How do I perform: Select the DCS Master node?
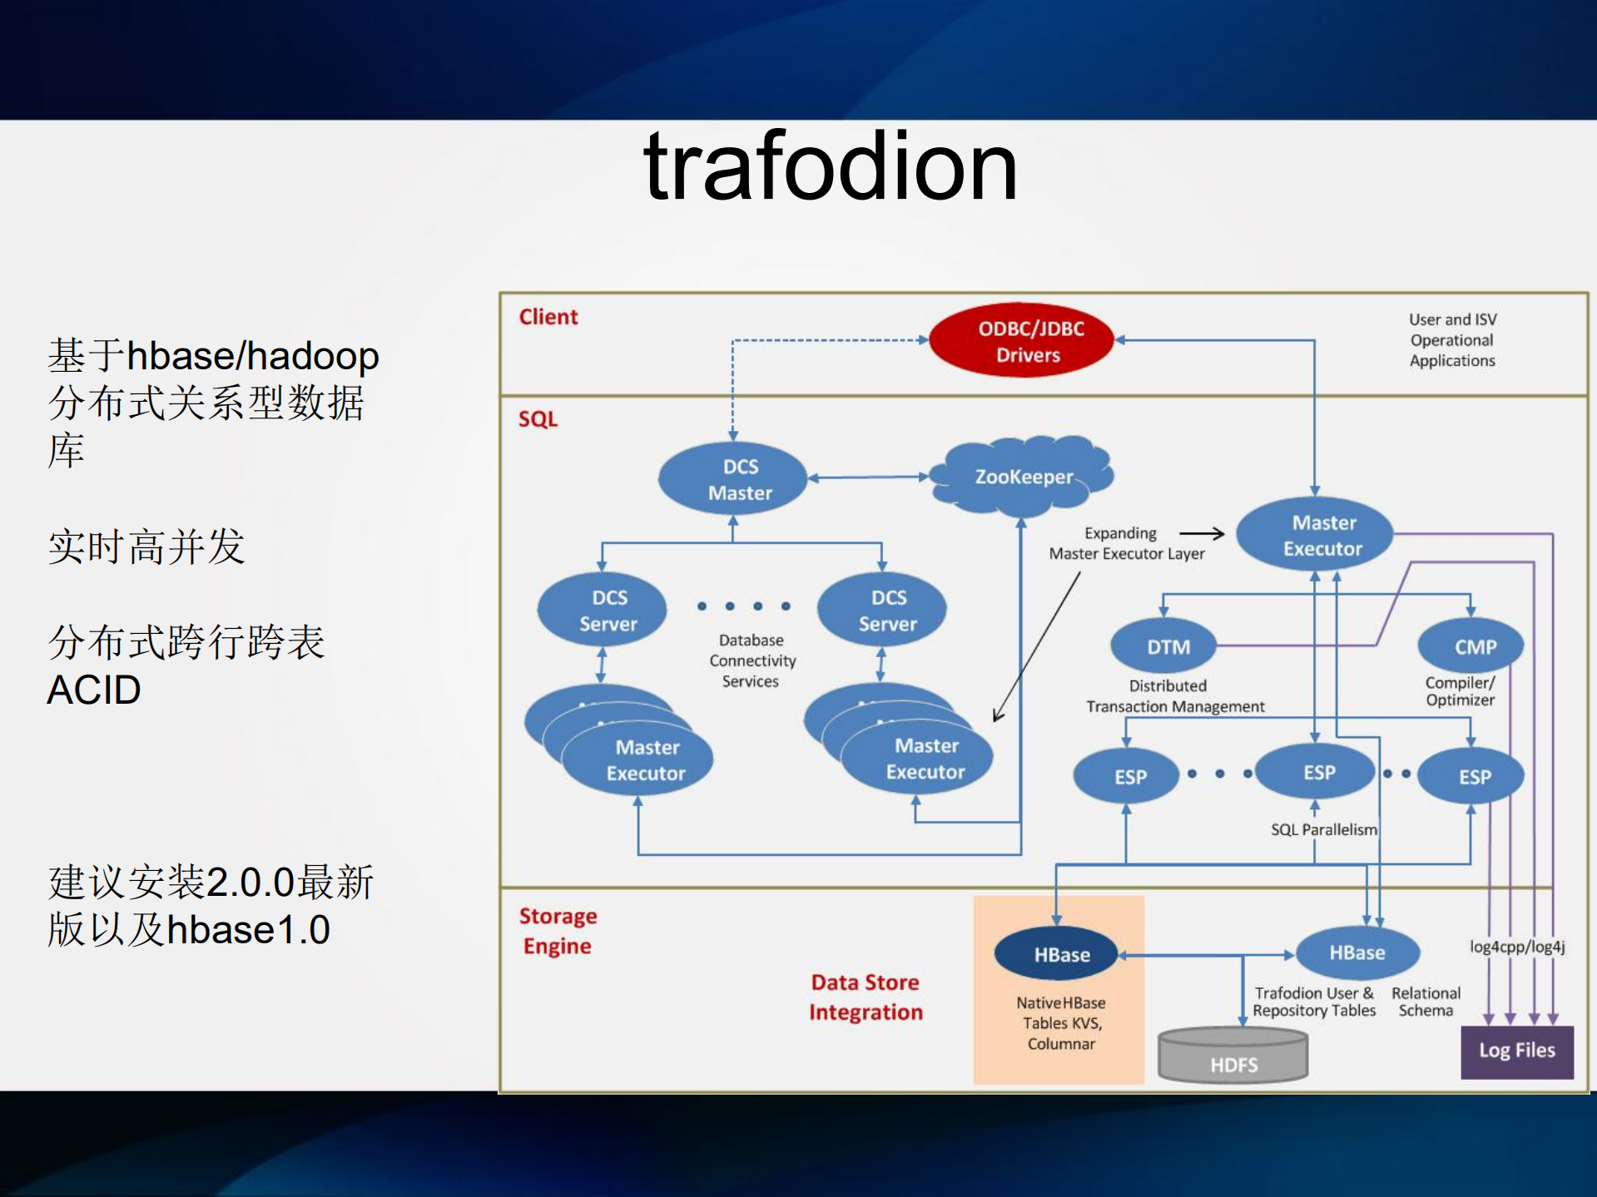[x=733, y=479]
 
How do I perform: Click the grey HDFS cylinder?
[x=1232, y=1056]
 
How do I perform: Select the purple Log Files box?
[x=1516, y=1051]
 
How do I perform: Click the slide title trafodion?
[x=830, y=168]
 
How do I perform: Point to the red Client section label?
[x=548, y=317]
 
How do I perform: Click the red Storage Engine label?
[x=558, y=931]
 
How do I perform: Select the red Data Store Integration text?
[x=865, y=997]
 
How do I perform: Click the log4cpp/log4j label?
[x=1516, y=947]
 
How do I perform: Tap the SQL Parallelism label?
[x=1323, y=829]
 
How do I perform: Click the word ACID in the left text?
[x=93, y=690]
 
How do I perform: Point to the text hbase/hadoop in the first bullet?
[x=252, y=356]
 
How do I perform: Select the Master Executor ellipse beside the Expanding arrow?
[x=1315, y=535]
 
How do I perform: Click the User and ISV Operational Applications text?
[x=1452, y=340]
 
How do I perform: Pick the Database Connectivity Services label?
[x=751, y=660]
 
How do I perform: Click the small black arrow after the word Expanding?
[x=1202, y=533]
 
